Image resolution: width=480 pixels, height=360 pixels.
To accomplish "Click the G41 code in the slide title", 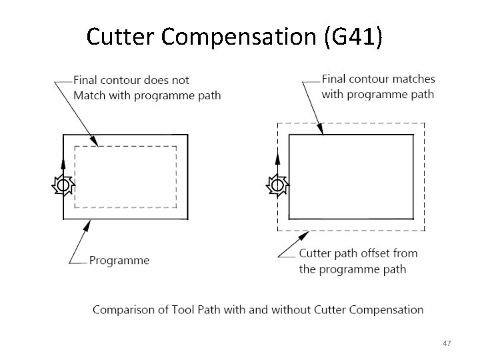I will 352,37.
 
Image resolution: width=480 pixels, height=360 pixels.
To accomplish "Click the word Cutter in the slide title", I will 119,37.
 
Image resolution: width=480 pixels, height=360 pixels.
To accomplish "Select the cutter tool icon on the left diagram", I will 63,185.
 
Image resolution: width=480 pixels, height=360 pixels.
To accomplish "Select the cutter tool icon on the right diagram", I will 277,184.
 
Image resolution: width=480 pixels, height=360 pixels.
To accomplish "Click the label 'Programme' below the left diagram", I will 119,260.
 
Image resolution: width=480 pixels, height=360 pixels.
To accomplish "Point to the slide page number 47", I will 446,343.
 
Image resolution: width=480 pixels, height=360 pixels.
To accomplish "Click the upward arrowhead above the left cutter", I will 63,162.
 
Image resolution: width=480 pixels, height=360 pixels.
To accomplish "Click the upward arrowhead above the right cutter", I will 277,160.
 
